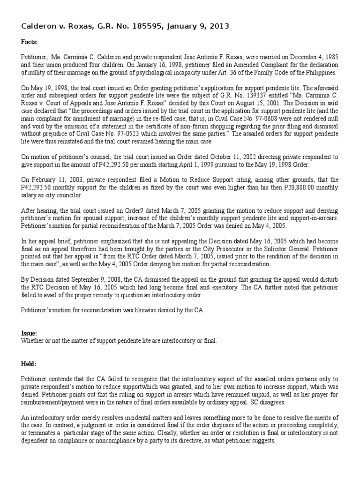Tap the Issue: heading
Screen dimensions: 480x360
[29, 333]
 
